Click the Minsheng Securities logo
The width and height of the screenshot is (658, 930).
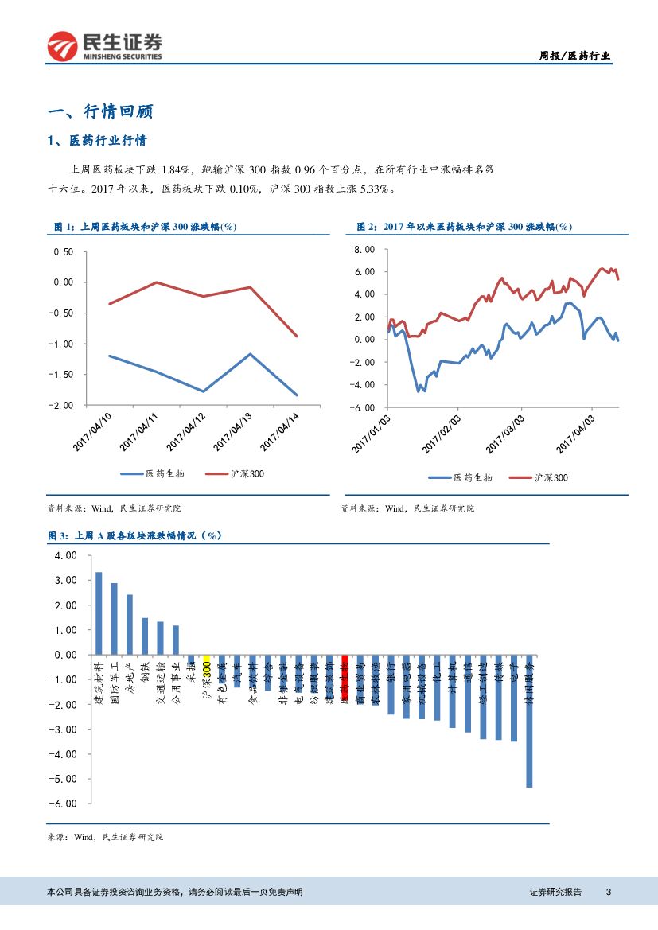[x=104, y=47]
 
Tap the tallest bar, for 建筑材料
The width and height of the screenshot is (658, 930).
[x=99, y=613]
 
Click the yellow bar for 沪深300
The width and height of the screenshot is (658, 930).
[x=207, y=658]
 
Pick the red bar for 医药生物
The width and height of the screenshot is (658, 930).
[x=345, y=675]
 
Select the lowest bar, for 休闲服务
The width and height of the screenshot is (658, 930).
[x=529, y=721]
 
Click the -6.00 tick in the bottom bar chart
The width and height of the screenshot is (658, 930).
[x=66, y=804]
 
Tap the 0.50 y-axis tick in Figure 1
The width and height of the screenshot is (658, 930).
[x=62, y=252]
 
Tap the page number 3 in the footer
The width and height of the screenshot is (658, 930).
[x=608, y=892]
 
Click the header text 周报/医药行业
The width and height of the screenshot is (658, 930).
[x=574, y=56]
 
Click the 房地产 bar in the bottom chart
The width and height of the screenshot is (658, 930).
[x=130, y=624]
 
